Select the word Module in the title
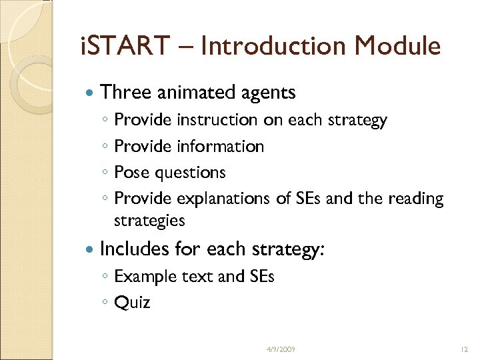coord(398,46)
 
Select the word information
coord(221,146)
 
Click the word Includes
coord(134,249)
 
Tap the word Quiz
coord(132,303)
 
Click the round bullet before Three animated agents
coord(89,93)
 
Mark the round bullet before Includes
coord(89,250)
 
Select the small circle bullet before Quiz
coord(105,303)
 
